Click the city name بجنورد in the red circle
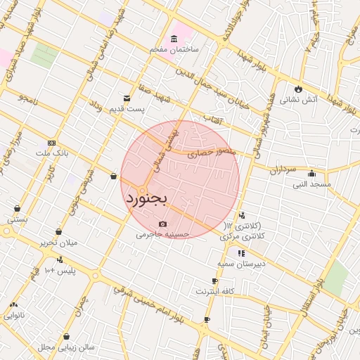point(147,199)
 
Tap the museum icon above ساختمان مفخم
point(174,39)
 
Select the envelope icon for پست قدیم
point(127,98)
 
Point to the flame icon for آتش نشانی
point(299,89)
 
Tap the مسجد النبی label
point(313,184)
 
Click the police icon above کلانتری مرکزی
point(242,215)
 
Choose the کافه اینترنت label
point(214,290)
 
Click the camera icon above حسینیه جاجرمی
point(163,224)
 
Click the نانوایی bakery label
point(14,315)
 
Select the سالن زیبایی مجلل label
point(65,347)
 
